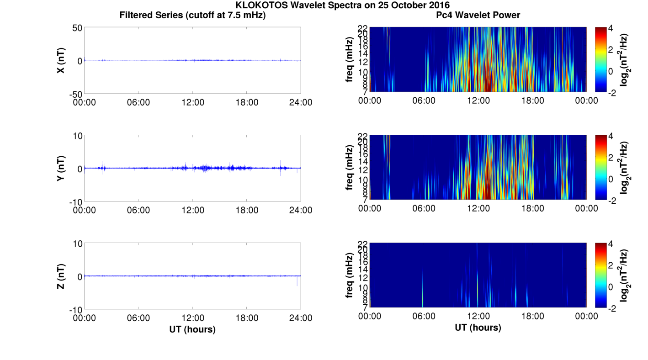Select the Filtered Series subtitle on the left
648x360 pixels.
pos(192,15)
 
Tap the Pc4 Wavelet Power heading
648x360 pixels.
pos(478,15)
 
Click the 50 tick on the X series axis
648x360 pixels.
pos(76,28)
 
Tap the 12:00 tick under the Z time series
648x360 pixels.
pos(192,318)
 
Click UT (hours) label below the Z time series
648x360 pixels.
pos(192,329)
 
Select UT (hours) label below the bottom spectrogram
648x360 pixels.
pos(478,328)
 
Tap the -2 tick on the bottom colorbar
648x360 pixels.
pos(614,308)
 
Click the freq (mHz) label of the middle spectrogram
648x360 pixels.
pos(350,168)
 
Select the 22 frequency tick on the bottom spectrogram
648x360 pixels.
pos(363,243)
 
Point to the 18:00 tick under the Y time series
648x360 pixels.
pos(246,210)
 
